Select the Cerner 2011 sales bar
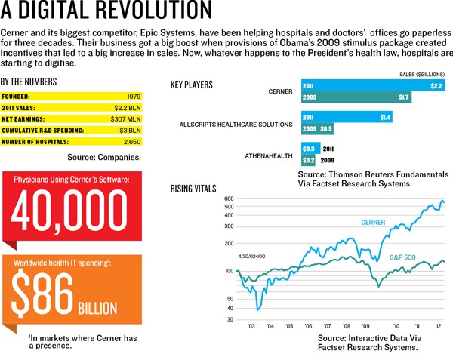click(x=374, y=85)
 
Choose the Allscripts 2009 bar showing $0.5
click(x=318, y=128)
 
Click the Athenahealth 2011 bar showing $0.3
click(x=310, y=149)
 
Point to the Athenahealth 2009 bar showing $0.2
click(x=309, y=161)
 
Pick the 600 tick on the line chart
click(x=229, y=199)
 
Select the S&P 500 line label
click(x=405, y=258)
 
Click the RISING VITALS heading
click(x=193, y=187)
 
